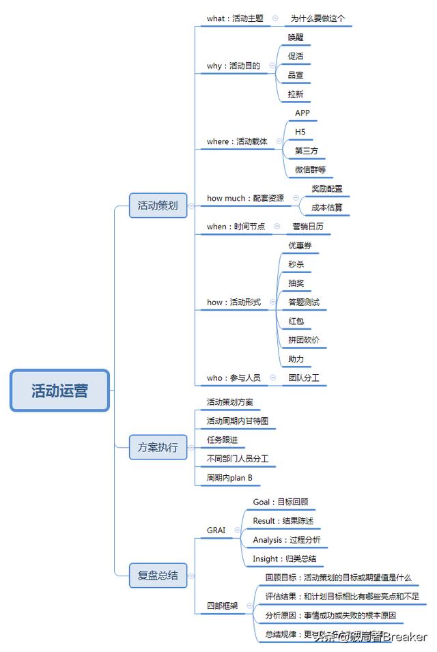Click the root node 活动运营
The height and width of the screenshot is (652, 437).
[59, 391]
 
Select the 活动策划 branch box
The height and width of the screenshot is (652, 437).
[158, 205]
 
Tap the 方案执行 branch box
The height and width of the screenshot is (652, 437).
[158, 448]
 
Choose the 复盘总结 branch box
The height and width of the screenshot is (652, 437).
[158, 575]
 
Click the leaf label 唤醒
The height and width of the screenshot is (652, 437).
[296, 38]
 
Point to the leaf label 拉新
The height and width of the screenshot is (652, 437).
[296, 94]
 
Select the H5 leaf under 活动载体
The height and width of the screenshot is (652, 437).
[300, 131]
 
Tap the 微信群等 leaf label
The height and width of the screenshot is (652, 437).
[310, 169]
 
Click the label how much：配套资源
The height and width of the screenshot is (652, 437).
[245, 199]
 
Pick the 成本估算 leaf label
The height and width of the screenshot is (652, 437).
[326, 208]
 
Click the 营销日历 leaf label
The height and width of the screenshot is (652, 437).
[308, 227]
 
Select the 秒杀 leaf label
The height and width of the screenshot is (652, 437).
[296, 264]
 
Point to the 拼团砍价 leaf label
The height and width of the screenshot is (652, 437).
[303, 340]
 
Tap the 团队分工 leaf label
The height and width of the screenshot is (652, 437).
[304, 378]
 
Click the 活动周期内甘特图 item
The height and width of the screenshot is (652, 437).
[242, 421]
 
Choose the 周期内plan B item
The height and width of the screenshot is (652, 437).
[229, 478]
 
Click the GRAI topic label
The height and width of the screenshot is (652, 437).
[216, 530]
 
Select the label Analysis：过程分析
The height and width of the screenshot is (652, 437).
[286, 540]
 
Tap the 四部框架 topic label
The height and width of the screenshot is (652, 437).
[223, 606]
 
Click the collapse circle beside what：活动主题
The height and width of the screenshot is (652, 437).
[275, 18]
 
